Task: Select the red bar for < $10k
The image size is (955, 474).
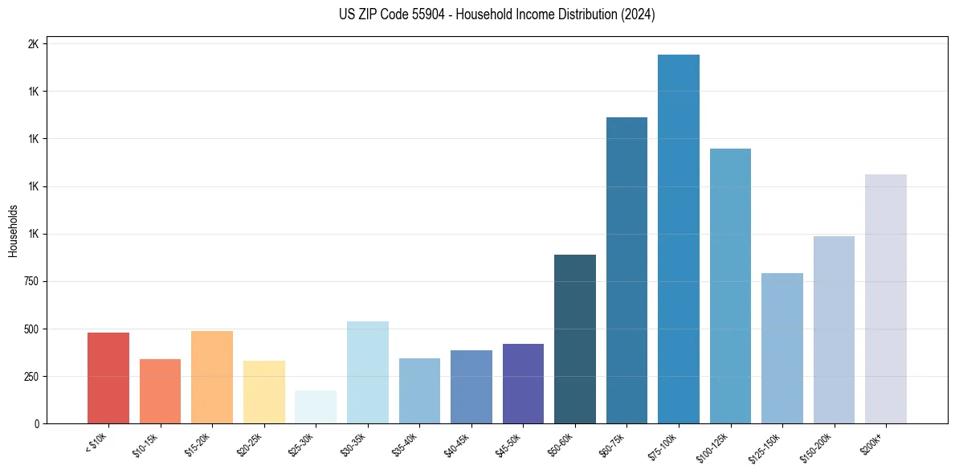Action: tap(108, 378)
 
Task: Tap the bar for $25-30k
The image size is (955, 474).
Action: tap(315, 407)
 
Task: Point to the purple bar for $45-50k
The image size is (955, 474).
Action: tap(523, 383)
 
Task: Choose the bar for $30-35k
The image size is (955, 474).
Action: tap(367, 372)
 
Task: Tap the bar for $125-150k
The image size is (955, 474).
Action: tap(782, 348)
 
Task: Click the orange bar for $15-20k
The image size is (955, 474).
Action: tap(211, 377)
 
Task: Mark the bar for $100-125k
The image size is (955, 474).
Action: tap(730, 286)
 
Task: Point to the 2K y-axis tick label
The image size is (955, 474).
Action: tap(33, 44)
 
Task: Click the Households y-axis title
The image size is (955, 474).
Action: tap(13, 231)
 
